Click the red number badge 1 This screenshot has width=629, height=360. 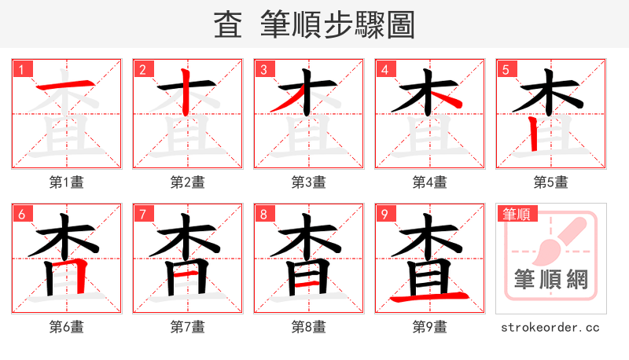[x=21, y=69]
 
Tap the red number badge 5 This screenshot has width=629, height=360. [x=506, y=69]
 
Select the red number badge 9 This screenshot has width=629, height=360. [x=384, y=214]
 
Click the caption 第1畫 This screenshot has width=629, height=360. [x=67, y=182]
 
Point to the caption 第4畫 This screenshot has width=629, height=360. [x=430, y=182]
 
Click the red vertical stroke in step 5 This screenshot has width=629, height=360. [x=534, y=134]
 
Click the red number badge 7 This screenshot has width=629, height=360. [x=142, y=214]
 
